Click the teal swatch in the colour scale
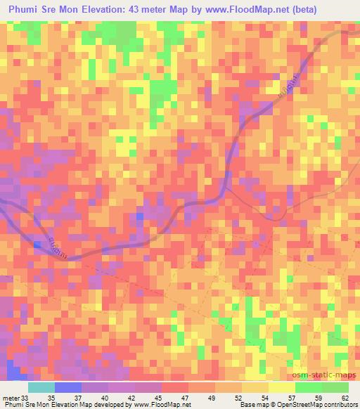click(41, 387)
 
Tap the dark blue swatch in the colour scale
click(68, 387)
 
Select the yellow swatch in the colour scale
click(282, 387)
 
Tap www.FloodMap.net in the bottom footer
click(162, 404)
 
